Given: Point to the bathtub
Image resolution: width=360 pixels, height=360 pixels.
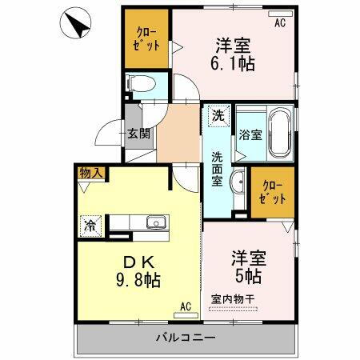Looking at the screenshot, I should (279, 134).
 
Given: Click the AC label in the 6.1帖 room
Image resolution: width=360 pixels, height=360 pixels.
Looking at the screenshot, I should (279, 23).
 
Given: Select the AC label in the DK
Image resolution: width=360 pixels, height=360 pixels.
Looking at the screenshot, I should (184, 306).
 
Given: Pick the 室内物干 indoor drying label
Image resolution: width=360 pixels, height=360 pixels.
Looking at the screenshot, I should (233, 298).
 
